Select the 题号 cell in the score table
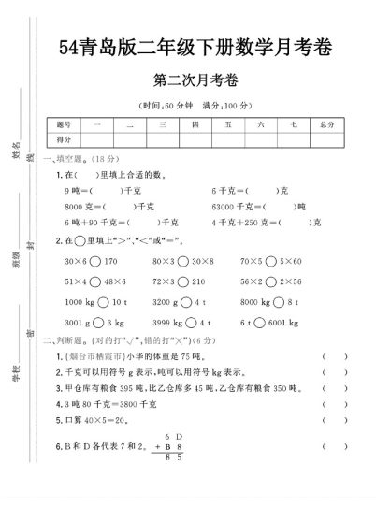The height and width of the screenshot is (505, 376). pyautogui.click(x=64, y=123)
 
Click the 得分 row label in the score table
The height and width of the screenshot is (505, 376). pyautogui.click(x=64, y=138)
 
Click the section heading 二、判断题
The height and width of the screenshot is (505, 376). pyautogui.click(x=65, y=340)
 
